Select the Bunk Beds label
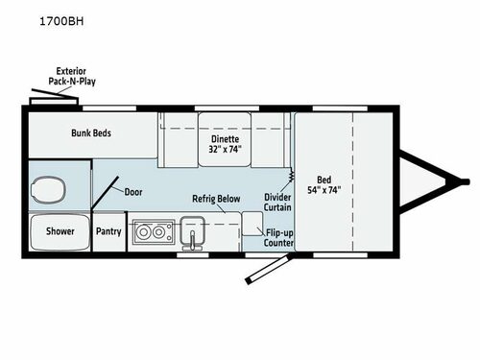92,133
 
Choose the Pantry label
108,231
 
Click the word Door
133,191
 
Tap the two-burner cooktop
151,231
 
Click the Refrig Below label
214,199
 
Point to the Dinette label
224,137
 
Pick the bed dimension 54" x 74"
324,189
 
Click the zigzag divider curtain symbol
291,180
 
